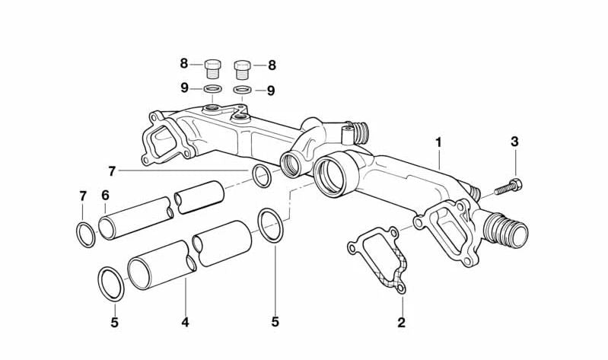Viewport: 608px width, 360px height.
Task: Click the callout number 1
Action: [x=438, y=142]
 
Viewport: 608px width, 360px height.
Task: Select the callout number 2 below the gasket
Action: [x=401, y=322]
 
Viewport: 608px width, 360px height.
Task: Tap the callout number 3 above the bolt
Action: [x=514, y=142]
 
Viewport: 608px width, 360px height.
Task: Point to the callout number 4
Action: [x=185, y=322]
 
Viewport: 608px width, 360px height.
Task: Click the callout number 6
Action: [x=106, y=195]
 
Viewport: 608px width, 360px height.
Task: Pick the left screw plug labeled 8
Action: [x=212, y=68]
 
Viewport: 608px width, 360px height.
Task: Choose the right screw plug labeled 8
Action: [x=242, y=70]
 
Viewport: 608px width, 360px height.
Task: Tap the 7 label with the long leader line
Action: [x=112, y=171]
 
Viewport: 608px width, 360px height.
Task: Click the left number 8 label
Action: [x=184, y=63]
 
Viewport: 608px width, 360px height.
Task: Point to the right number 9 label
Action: [x=271, y=91]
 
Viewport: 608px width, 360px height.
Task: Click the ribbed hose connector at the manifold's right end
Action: [x=506, y=230]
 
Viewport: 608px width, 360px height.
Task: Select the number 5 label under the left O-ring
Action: [x=114, y=322]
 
